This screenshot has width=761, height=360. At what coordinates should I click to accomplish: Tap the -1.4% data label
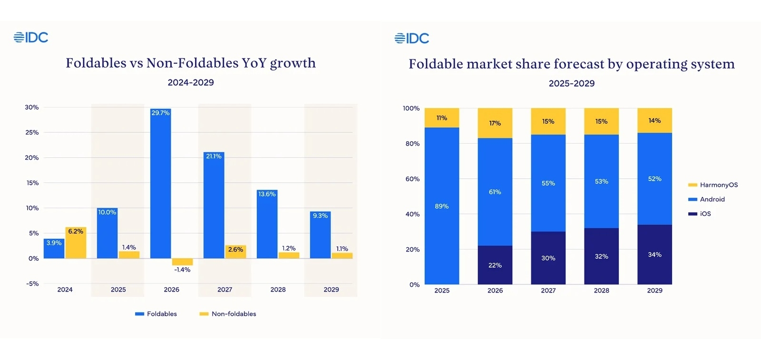[182, 270]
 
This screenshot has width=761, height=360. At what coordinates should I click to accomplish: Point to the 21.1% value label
[214, 156]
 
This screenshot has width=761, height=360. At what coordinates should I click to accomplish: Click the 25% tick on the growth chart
[32, 132]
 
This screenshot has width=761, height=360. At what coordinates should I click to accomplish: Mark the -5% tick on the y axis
[32, 283]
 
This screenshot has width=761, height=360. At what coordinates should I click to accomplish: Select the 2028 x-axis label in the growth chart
[278, 290]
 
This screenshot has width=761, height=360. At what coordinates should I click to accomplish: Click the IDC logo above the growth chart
[31, 38]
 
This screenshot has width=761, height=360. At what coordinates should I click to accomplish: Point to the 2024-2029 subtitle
[191, 82]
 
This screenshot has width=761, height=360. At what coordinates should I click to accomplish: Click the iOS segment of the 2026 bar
[495, 265]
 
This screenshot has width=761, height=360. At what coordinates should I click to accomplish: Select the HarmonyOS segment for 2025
[442, 118]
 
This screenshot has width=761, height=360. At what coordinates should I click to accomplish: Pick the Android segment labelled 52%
[654, 179]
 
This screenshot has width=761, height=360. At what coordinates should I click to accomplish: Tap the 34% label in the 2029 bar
[654, 255]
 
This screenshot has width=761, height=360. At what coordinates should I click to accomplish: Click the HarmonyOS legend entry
[713, 185]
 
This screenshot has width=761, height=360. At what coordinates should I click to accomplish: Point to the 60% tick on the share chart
[412, 179]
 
